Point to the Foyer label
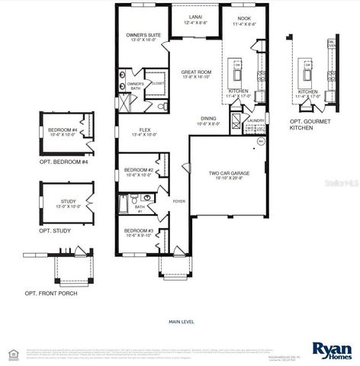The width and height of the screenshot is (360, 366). coord(179,201)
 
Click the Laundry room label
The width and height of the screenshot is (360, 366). coord(255,120)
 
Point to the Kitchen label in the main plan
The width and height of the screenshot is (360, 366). coord(239,93)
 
